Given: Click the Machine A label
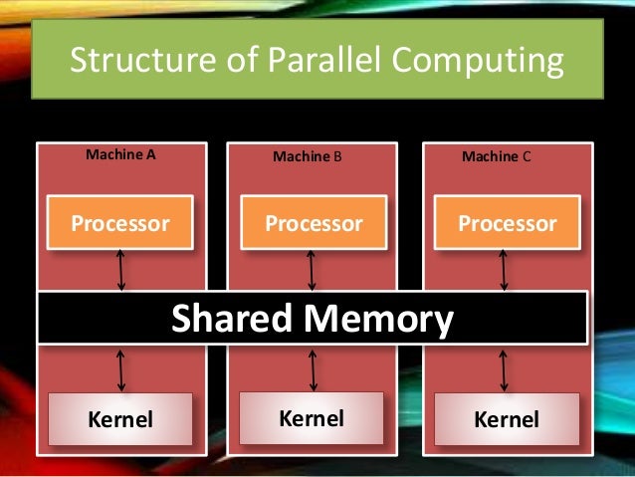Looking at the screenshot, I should (x=121, y=155).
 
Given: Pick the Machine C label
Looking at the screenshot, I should (x=497, y=157).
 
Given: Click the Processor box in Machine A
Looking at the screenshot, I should (x=119, y=223).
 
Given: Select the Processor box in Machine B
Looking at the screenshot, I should (x=314, y=223).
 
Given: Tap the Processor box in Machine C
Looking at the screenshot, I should (x=507, y=223).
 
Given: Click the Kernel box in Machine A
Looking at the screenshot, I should (x=121, y=419).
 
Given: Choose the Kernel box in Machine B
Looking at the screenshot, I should (x=312, y=417).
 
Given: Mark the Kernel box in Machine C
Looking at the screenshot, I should (x=507, y=419).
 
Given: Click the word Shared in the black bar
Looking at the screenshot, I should (x=232, y=320).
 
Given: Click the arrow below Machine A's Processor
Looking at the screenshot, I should (x=121, y=269).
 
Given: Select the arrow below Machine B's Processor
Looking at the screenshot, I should (x=314, y=269).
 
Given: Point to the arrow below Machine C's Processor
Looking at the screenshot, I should (x=505, y=269).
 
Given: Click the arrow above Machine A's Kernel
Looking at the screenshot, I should (x=121, y=368).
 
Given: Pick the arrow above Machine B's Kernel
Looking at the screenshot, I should (x=314, y=368).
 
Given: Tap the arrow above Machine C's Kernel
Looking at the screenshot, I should (x=505, y=368).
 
